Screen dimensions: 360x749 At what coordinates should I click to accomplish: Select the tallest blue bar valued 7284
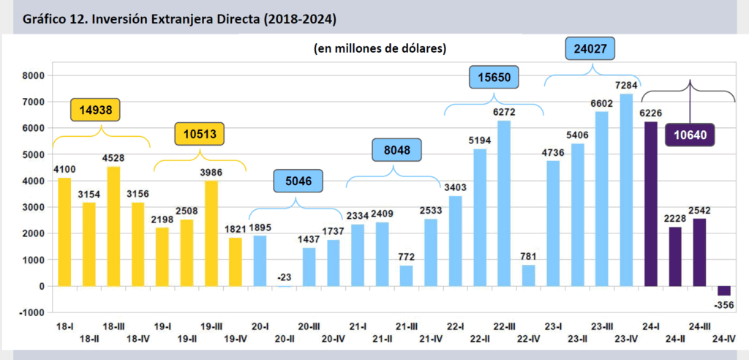tap(625, 190)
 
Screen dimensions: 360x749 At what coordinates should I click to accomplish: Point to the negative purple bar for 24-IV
tap(724, 290)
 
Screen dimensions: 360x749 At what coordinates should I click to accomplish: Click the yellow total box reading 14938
tap(95, 110)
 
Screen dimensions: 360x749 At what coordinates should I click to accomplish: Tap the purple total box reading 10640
tap(690, 135)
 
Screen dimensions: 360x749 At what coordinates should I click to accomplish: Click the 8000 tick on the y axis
tap(34, 75)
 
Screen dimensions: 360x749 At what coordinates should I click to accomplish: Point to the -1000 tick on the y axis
tap(32, 312)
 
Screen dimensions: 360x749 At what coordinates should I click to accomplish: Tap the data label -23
tap(285, 277)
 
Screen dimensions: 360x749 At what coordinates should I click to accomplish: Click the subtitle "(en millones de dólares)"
tap(381, 48)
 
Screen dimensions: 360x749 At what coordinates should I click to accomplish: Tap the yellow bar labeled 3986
tap(211, 233)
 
